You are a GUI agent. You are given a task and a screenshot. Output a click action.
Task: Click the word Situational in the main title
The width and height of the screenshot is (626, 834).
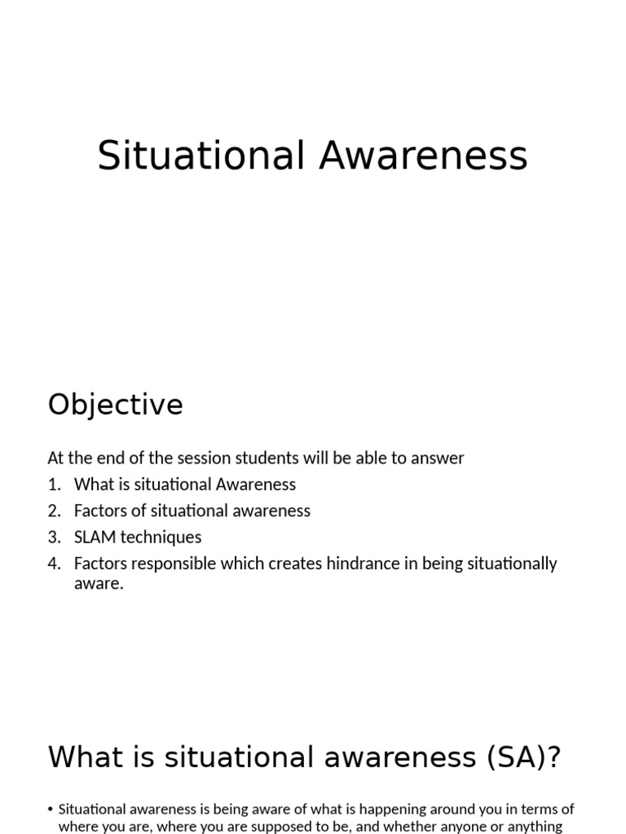(201, 156)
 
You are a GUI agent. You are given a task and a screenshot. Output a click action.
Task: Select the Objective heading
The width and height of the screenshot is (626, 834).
(116, 405)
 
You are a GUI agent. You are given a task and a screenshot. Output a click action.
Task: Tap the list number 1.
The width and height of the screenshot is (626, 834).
(54, 485)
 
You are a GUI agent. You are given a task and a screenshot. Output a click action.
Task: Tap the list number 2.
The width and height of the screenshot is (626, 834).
(54, 511)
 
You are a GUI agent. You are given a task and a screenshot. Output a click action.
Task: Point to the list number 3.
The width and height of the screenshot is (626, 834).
(54, 538)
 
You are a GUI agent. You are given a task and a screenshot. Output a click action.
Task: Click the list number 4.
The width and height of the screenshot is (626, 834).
(54, 564)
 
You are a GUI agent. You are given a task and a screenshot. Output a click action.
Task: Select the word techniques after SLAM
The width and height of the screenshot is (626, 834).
(161, 538)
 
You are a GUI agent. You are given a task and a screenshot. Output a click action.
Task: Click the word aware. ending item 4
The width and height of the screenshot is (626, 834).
(99, 584)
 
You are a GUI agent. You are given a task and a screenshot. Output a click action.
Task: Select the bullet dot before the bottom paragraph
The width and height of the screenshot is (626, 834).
(51, 810)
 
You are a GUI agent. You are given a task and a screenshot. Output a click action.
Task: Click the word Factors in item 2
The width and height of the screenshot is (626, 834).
(100, 511)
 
